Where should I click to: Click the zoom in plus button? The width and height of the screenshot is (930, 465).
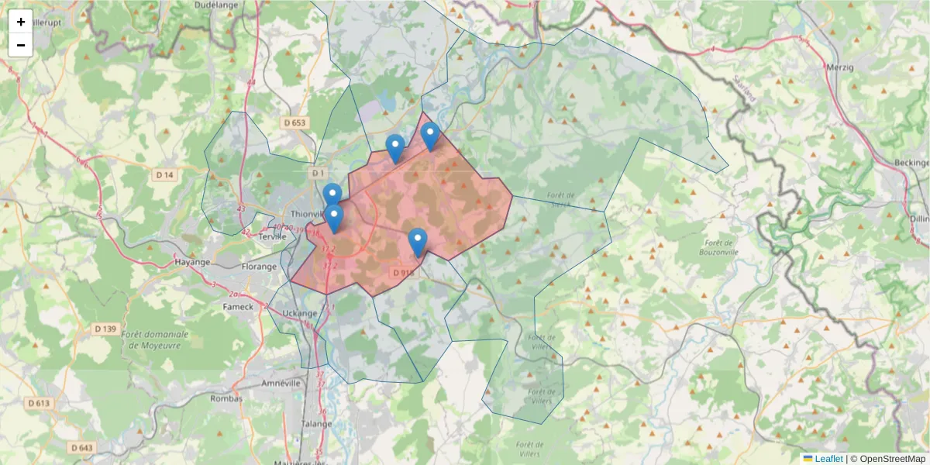tap(21, 22)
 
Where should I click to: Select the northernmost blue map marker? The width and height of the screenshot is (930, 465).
tap(430, 136)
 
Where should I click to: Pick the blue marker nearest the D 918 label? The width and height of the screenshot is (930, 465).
tap(418, 242)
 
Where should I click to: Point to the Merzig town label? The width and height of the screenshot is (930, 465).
tap(840, 67)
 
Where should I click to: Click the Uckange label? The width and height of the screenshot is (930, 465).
tap(299, 314)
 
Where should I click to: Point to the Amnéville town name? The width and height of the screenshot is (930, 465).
tap(281, 383)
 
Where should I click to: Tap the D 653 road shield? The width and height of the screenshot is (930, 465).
tap(295, 122)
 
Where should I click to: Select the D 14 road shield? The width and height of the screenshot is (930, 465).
tap(165, 175)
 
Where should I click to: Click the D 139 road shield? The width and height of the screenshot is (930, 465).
tap(105, 329)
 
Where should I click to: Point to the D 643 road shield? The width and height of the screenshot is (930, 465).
tap(81, 447)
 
